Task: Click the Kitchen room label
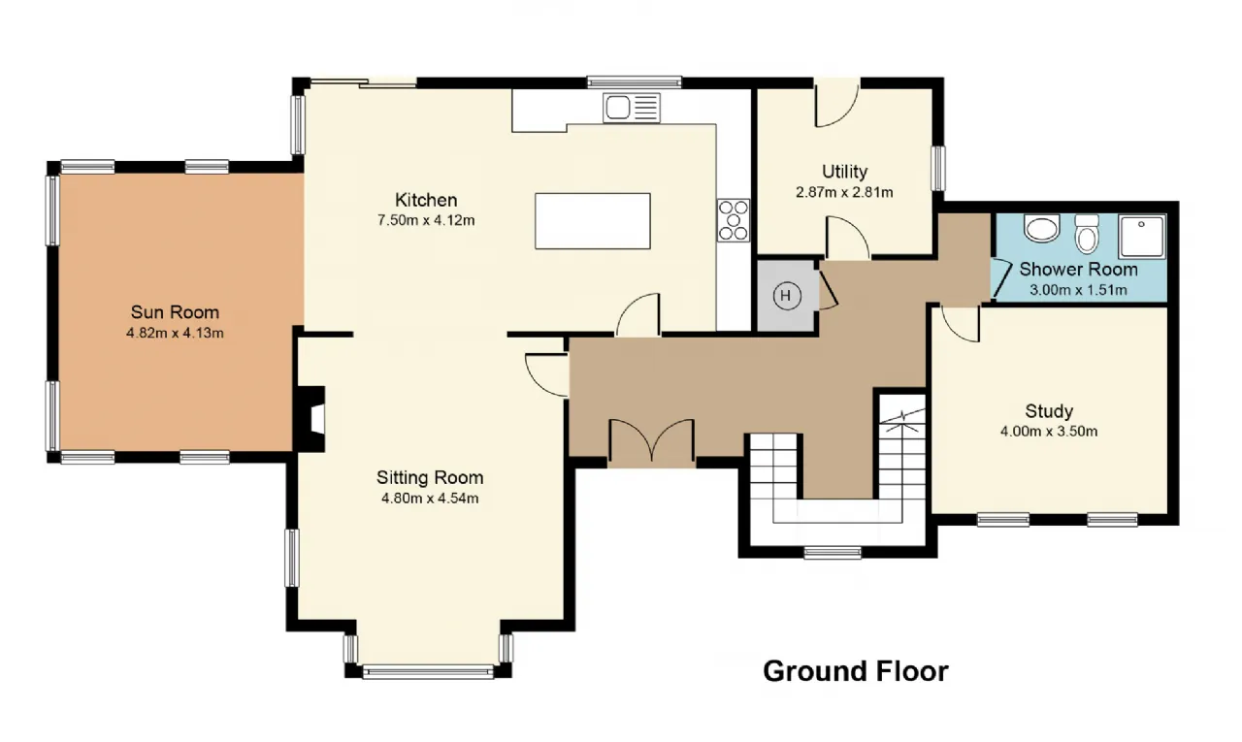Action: pyautogui.click(x=426, y=200)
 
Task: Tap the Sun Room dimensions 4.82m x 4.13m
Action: pyautogui.click(x=176, y=333)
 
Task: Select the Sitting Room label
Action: pyautogui.click(x=430, y=477)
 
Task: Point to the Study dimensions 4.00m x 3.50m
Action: pyautogui.click(x=1049, y=431)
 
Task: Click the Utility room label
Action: pyautogui.click(x=844, y=172)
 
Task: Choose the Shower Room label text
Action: pyautogui.click(x=1078, y=270)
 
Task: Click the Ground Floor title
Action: pyautogui.click(x=856, y=671)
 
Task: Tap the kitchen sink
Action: pyautogui.click(x=632, y=108)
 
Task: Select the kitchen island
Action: pyautogui.click(x=593, y=220)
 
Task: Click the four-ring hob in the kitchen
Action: pyautogui.click(x=733, y=220)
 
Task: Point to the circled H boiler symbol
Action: pyautogui.click(x=787, y=296)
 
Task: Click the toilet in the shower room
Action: pyautogui.click(x=1087, y=234)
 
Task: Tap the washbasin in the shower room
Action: pyautogui.click(x=1042, y=228)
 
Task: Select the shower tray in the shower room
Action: pyautogui.click(x=1142, y=236)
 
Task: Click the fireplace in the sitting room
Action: pyautogui.click(x=311, y=419)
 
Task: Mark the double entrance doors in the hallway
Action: pyautogui.click(x=651, y=440)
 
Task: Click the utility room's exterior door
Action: pyautogui.click(x=836, y=104)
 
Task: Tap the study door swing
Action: pyautogui.click(x=960, y=324)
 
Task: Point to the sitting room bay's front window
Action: pyautogui.click(x=428, y=672)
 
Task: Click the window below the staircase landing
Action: pyautogui.click(x=833, y=552)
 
